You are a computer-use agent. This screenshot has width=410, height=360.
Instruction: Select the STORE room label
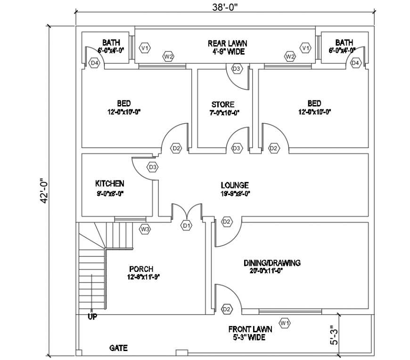[x=222, y=104]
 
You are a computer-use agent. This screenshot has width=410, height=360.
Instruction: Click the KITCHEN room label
[x=110, y=183]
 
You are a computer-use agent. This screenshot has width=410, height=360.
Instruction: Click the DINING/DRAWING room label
[x=272, y=263]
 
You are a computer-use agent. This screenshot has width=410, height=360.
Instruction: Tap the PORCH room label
[x=141, y=269]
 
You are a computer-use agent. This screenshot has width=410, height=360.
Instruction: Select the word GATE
[x=118, y=348]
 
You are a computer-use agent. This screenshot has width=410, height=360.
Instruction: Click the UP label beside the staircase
[x=92, y=317]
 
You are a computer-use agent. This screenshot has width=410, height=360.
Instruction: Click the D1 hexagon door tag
[x=187, y=226]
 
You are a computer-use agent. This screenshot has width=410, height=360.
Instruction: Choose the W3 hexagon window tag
[x=145, y=229]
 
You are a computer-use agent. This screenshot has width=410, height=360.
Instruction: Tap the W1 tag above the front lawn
[x=284, y=323]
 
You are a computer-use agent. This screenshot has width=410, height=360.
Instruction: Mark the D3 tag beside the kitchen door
[x=153, y=167]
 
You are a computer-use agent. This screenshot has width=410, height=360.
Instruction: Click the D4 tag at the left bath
[x=94, y=63]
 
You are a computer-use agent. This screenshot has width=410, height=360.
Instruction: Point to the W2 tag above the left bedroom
[x=168, y=57]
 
